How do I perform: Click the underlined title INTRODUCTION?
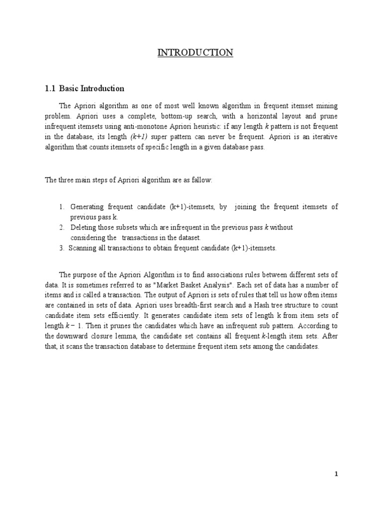pyautogui.click(x=195, y=53)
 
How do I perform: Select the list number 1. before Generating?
pyautogui.click(x=61, y=207)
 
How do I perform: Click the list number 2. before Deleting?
pyautogui.click(x=61, y=228)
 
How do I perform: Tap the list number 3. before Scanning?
pyautogui.click(x=61, y=248)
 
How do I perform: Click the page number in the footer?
pyautogui.click(x=337, y=475)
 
